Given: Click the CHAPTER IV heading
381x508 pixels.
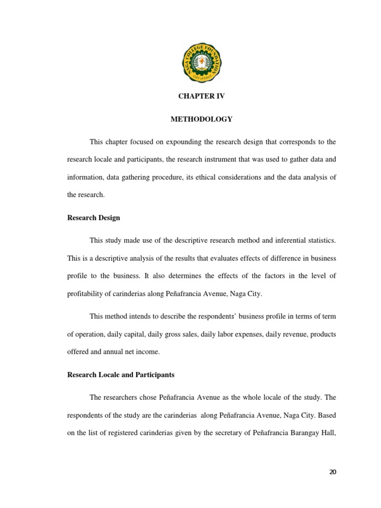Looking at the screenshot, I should point(201,96).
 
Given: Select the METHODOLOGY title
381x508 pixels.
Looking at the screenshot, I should point(201,119).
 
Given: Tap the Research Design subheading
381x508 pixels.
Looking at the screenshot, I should point(93,218).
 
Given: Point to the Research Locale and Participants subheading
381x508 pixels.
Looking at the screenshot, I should point(121,375).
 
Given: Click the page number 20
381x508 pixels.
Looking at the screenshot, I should point(332,472).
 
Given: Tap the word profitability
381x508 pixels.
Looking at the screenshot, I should point(86,294).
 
